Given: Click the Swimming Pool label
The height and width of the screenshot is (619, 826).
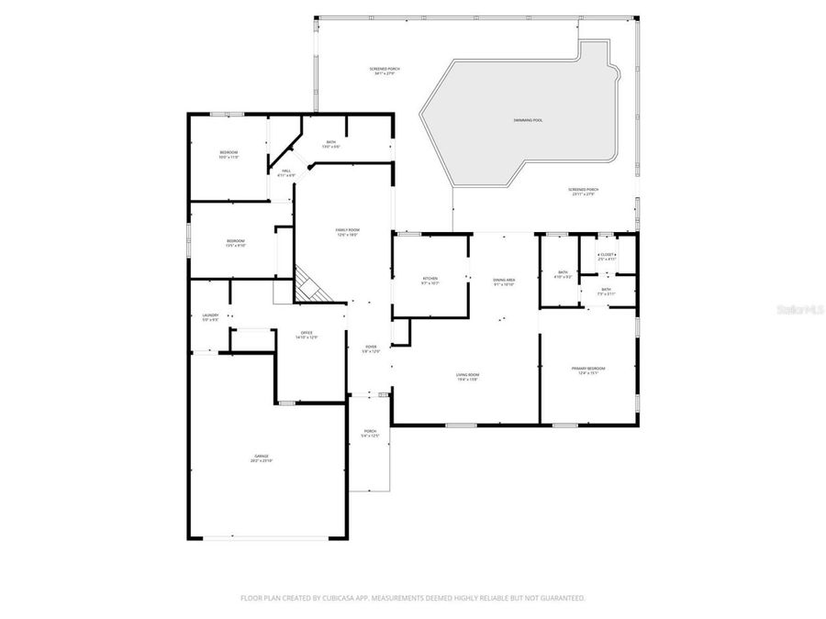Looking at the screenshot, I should pyautogui.click(x=528, y=120).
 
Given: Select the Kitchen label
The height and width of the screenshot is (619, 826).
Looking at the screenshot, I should pyautogui.click(x=430, y=279).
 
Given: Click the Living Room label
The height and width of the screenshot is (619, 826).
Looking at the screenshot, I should pyautogui.click(x=468, y=375).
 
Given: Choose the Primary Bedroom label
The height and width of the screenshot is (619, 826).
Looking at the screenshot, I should pyautogui.click(x=588, y=369).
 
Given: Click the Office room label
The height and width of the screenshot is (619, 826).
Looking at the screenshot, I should pyautogui.click(x=307, y=333).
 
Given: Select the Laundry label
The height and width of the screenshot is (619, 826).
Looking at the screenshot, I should pyautogui.click(x=210, y=315).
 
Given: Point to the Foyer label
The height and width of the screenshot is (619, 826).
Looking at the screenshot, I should pyautogui.click(x=370, y=347).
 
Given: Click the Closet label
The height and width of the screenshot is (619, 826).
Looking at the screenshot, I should pyautogui.click(x=608, y=255).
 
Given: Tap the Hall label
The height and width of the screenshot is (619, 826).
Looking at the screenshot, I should pyautogui.click(x=286, y=171).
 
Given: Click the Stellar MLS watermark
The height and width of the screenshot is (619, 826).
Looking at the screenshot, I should pyautogui.click(x=799, y=310).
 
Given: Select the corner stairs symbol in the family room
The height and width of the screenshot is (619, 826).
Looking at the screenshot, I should pyautogui.click(x=309, y=284).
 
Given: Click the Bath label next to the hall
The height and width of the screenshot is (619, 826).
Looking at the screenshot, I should pyautogui.click(x=331, y=142).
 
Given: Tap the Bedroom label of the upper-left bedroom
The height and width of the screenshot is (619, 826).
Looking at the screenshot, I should pyautogui.click(x=229, y=152).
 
